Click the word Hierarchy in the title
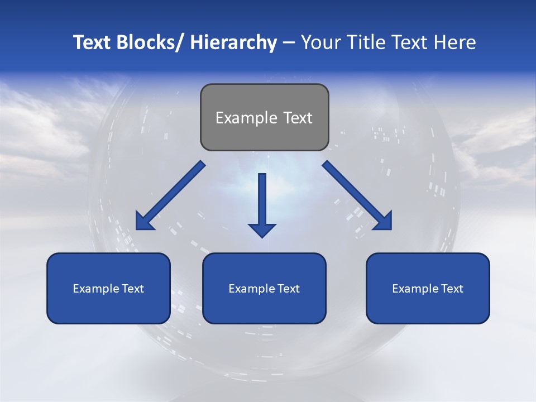(x=233, y=43)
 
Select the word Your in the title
(x=320, y=43)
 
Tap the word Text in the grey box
(x=298, y=118)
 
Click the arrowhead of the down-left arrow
(x=144, y=222)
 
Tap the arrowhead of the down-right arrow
(x=384, y=222)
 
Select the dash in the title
(x=289, y=43)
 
